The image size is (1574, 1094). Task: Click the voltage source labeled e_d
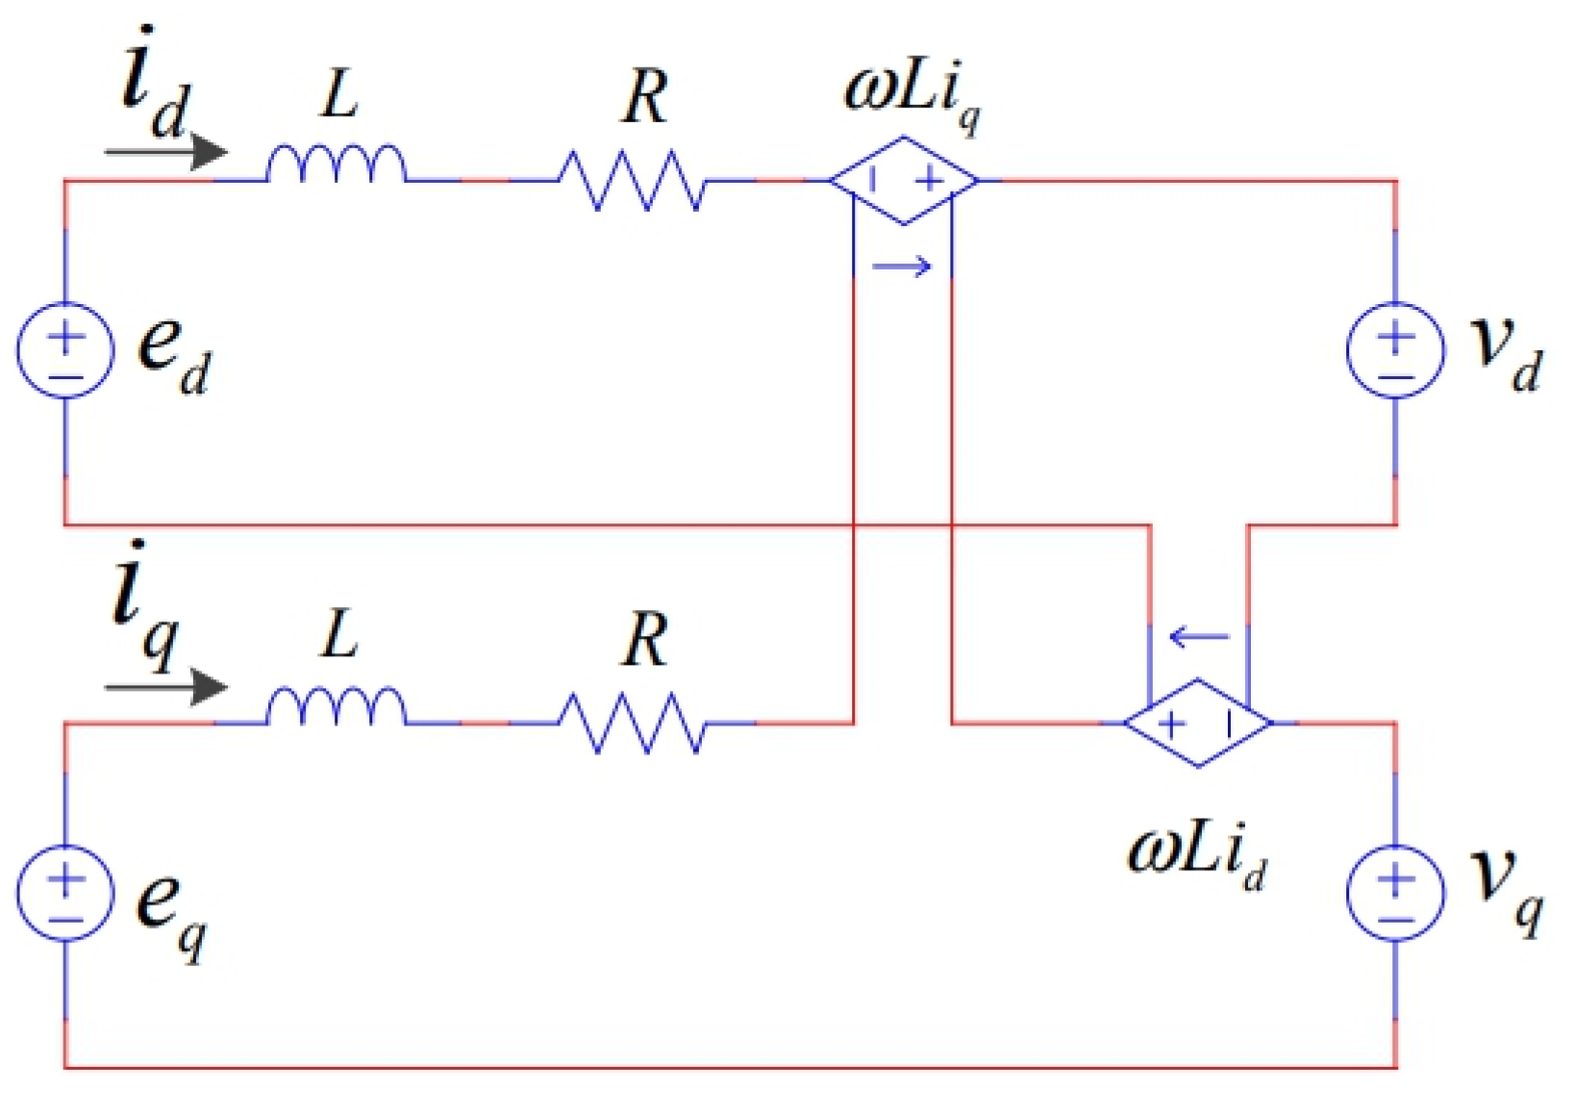[65, 350]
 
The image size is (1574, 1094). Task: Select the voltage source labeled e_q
[65, 893]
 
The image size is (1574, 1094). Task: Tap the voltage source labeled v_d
[1395, 350]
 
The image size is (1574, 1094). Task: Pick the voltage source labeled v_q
[1395, 893]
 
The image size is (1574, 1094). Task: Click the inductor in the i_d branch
[336, 165]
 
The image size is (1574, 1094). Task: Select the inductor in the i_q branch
[336, 707]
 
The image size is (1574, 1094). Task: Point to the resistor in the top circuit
[633, 180]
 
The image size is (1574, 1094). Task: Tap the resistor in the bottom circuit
[633, 723]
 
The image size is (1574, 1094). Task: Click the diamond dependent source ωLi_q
[904, 180]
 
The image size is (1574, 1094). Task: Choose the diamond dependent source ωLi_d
[1198, 723]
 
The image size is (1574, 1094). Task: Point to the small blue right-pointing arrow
[902, 267]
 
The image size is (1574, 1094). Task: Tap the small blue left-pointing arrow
[1199, 636]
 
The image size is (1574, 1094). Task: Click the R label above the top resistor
[644, 98]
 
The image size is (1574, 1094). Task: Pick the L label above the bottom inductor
[339, 635]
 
